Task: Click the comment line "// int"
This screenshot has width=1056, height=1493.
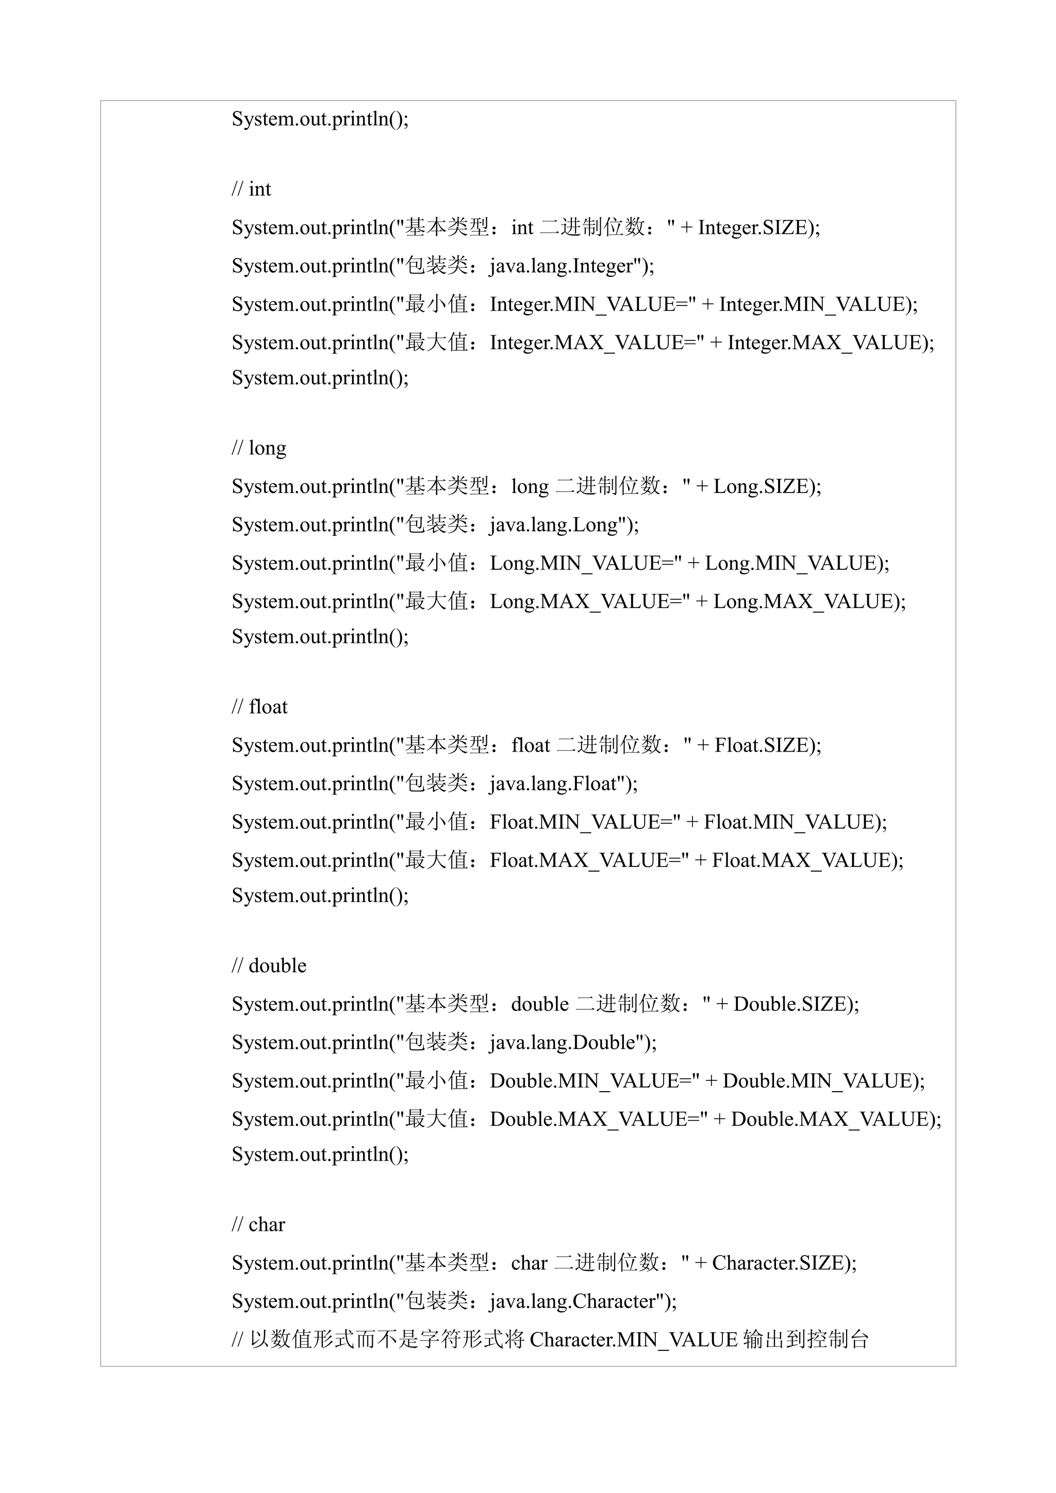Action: point(251,189)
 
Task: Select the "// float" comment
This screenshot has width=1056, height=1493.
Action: point(259,707)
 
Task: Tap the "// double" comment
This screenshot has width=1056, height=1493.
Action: point(269,965)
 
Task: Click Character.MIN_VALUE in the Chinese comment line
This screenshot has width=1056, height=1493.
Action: point(634,1339)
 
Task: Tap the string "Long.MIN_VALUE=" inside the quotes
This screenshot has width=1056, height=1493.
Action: point(581,563)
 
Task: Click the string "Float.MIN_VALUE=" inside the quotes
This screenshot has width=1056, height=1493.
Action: point(581,822)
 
